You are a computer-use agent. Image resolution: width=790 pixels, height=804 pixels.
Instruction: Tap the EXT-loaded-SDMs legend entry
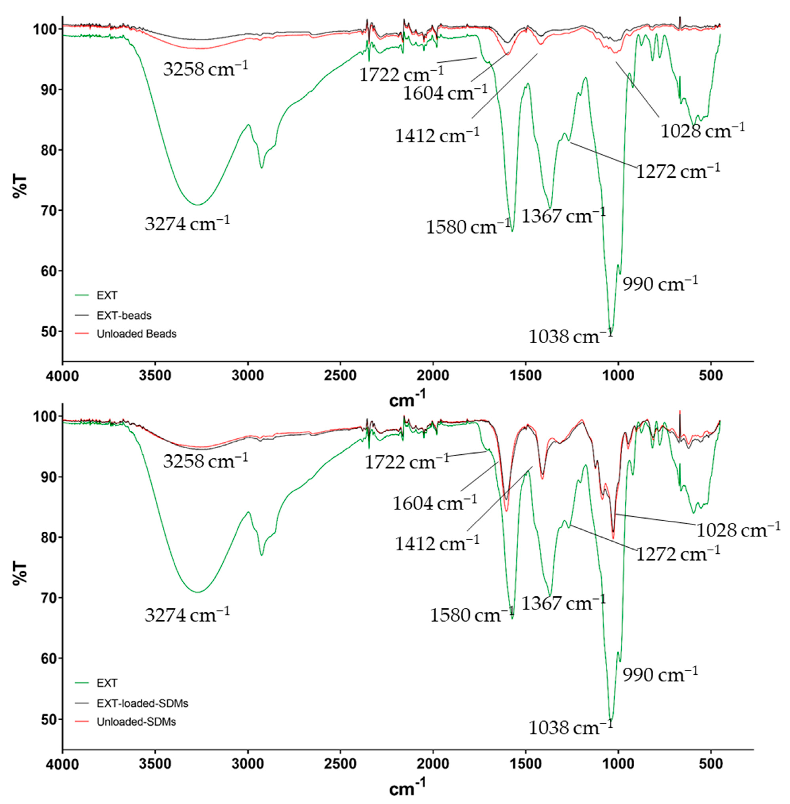click(142, 703)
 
